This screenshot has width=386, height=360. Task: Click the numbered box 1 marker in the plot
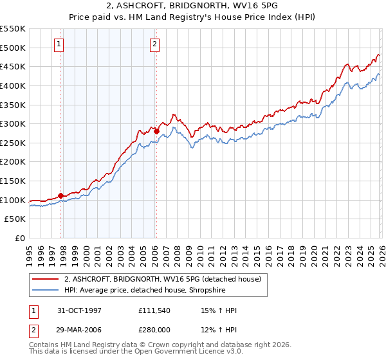click(59, 44)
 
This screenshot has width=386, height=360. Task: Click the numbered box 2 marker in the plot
click(155, 44)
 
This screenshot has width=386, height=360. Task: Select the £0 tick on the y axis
click(21, 238)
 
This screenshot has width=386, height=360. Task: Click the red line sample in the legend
click(46, 279)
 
